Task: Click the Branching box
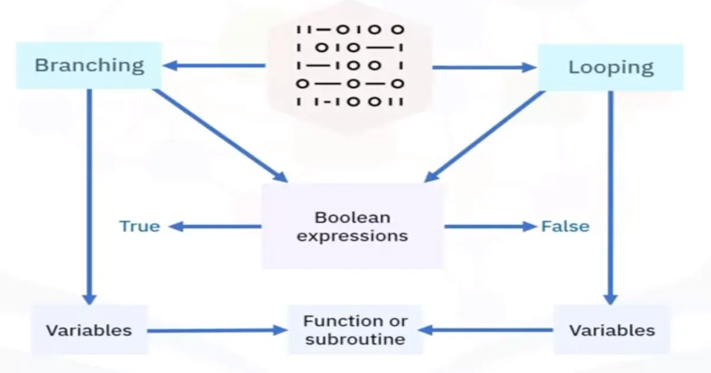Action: point(89,65)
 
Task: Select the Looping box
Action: point(610,67)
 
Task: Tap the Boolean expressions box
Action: point(353,226)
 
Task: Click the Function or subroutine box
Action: point(355,330)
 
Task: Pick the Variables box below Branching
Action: point(89,330)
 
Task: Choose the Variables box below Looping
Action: point(612,330)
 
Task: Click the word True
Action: point(140,226)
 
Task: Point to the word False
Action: point(565,226)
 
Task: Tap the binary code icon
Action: point(350,65)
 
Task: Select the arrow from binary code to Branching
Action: point(213,66)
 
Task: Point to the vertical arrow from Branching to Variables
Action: point(89,195)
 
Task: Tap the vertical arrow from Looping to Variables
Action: point(610,195)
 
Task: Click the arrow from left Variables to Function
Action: point(216,330)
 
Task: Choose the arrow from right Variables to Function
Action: point(486,330)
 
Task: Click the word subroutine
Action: point(355,339)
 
